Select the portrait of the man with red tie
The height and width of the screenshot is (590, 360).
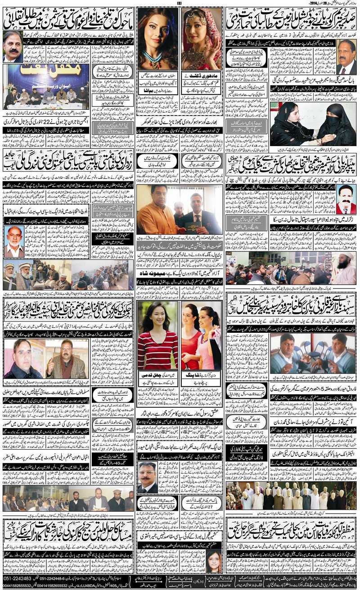pos(346,200)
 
